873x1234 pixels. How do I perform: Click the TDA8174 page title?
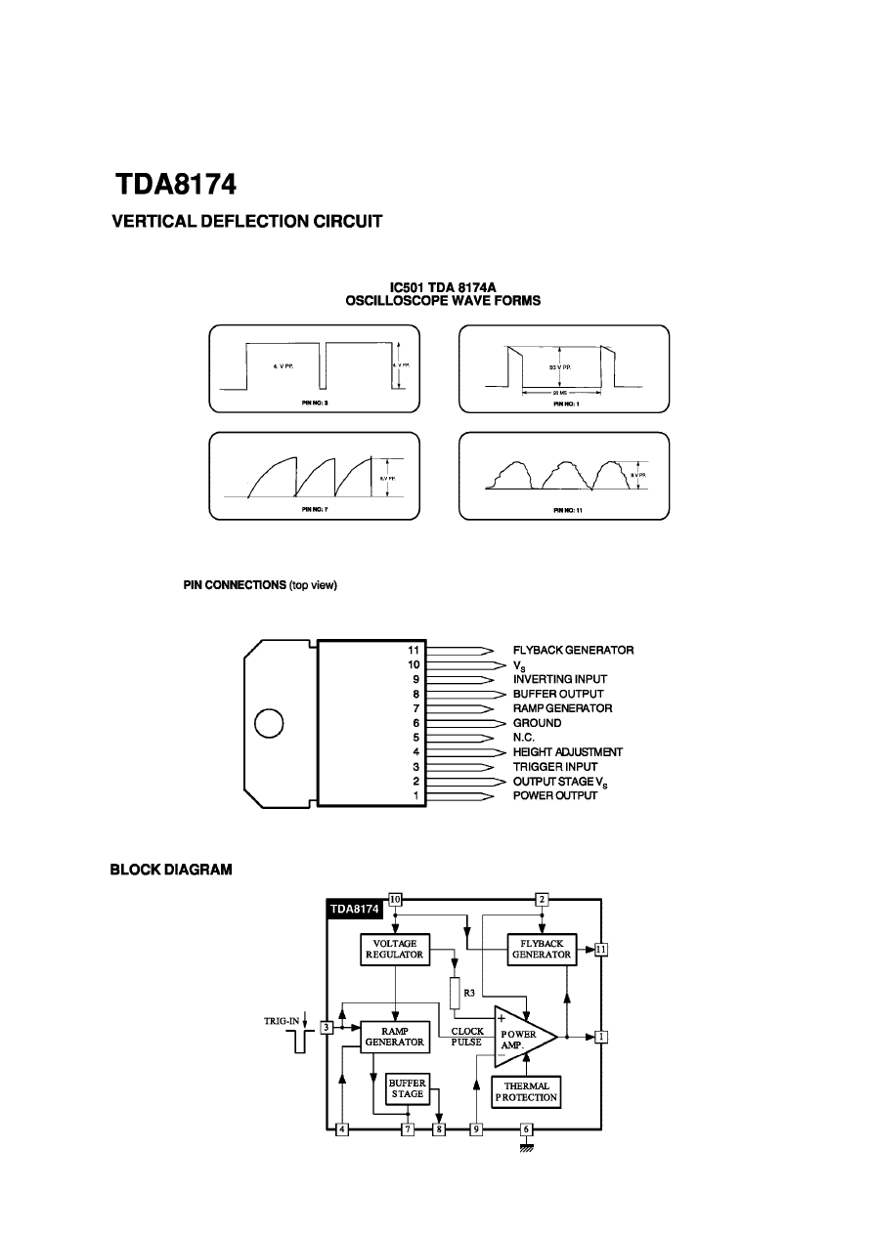176,186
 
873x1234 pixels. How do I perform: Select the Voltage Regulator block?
394,949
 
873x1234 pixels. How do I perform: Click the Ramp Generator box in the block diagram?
394,1037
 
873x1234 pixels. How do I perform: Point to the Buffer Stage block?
408,1088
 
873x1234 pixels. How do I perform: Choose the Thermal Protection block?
526,1091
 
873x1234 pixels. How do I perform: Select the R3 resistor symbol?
456,993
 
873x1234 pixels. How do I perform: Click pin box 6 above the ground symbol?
526,1129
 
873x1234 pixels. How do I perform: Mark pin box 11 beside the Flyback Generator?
601,949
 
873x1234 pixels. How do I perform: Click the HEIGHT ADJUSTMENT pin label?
568,752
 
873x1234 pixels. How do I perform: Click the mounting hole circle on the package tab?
269,723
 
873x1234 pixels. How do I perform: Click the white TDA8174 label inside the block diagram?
354,909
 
